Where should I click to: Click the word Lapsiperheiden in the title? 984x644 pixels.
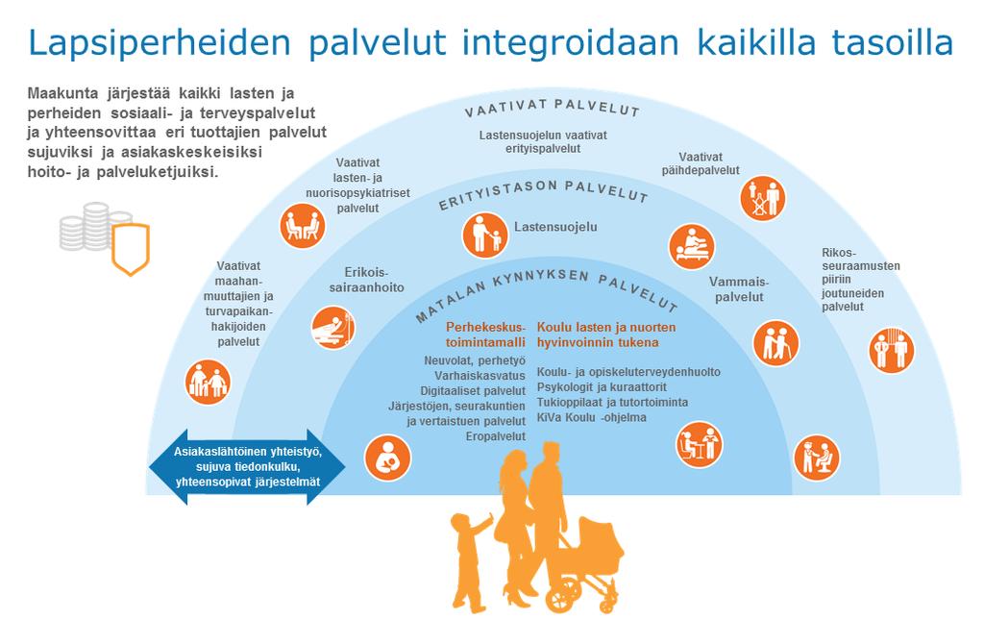[160, 42]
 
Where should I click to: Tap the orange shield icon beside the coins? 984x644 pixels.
[131, 249]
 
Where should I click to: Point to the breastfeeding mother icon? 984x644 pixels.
[388, 458]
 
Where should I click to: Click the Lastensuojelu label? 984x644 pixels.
[555, 227]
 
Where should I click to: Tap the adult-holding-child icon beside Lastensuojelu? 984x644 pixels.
[485, 235]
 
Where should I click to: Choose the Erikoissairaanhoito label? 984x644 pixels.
[366, 280]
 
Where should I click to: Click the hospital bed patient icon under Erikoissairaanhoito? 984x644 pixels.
[333, 328]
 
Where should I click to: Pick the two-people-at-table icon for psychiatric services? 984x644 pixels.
[303, 226]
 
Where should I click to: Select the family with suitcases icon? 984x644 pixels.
[208, 382]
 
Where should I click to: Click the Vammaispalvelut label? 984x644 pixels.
[739, 289]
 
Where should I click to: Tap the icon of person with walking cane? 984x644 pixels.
[776, 344]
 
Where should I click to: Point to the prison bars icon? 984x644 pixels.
[892, 350]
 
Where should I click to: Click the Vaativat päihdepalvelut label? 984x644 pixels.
[701, 163]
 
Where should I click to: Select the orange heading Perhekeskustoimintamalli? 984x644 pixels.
[485, 334]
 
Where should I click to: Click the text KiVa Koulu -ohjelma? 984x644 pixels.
[591, 417]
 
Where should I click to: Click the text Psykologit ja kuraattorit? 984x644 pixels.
[602, 387]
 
